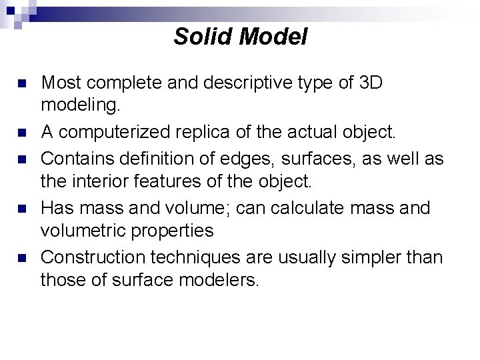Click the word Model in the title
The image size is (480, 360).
point(273,37)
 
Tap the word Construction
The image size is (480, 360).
point(93,257)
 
